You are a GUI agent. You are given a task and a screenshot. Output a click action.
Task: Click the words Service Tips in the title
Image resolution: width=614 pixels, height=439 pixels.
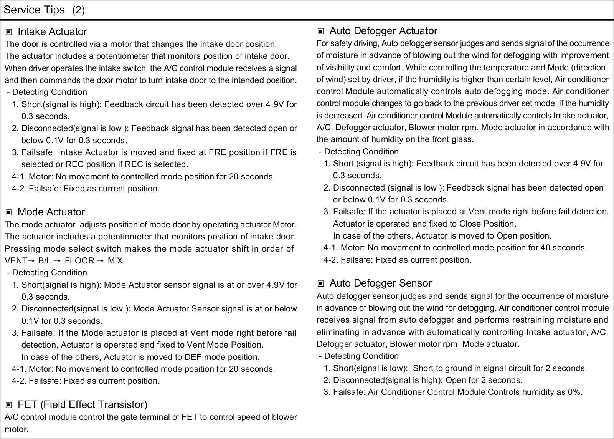34,10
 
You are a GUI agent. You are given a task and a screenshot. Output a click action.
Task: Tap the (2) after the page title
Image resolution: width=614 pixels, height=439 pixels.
78,10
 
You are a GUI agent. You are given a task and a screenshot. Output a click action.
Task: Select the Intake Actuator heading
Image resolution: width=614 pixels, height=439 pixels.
52,31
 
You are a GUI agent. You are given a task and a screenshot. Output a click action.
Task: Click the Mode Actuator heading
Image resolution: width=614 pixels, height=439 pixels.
51,212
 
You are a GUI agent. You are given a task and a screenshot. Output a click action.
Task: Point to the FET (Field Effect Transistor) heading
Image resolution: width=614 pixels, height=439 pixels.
83,404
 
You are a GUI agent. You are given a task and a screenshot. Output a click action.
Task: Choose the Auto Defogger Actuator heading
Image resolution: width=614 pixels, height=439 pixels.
383,31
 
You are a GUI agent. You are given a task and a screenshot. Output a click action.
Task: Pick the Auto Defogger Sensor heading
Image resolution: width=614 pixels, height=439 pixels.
380,283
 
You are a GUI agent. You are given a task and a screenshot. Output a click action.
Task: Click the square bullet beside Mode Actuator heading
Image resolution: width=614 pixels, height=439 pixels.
9,212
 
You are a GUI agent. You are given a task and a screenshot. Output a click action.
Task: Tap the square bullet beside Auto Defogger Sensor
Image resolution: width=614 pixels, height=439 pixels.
321,284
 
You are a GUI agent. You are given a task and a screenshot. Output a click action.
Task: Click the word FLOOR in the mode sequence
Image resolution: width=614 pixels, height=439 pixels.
79,261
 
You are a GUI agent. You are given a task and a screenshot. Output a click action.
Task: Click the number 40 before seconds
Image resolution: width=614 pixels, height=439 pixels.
545,248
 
